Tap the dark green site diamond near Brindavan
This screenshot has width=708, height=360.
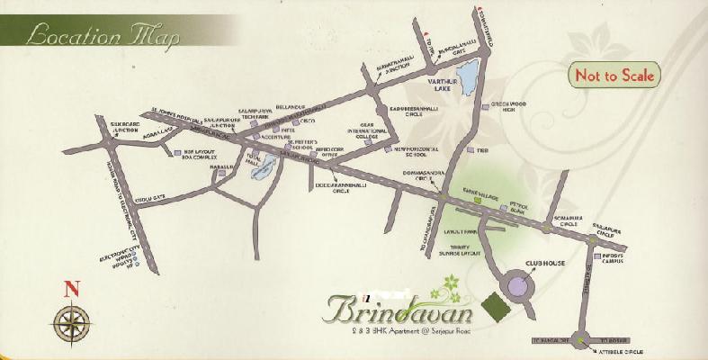coord(497,308)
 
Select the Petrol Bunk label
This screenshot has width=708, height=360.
coord(524,207)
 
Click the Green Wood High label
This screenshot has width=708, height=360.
coord(511,106)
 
